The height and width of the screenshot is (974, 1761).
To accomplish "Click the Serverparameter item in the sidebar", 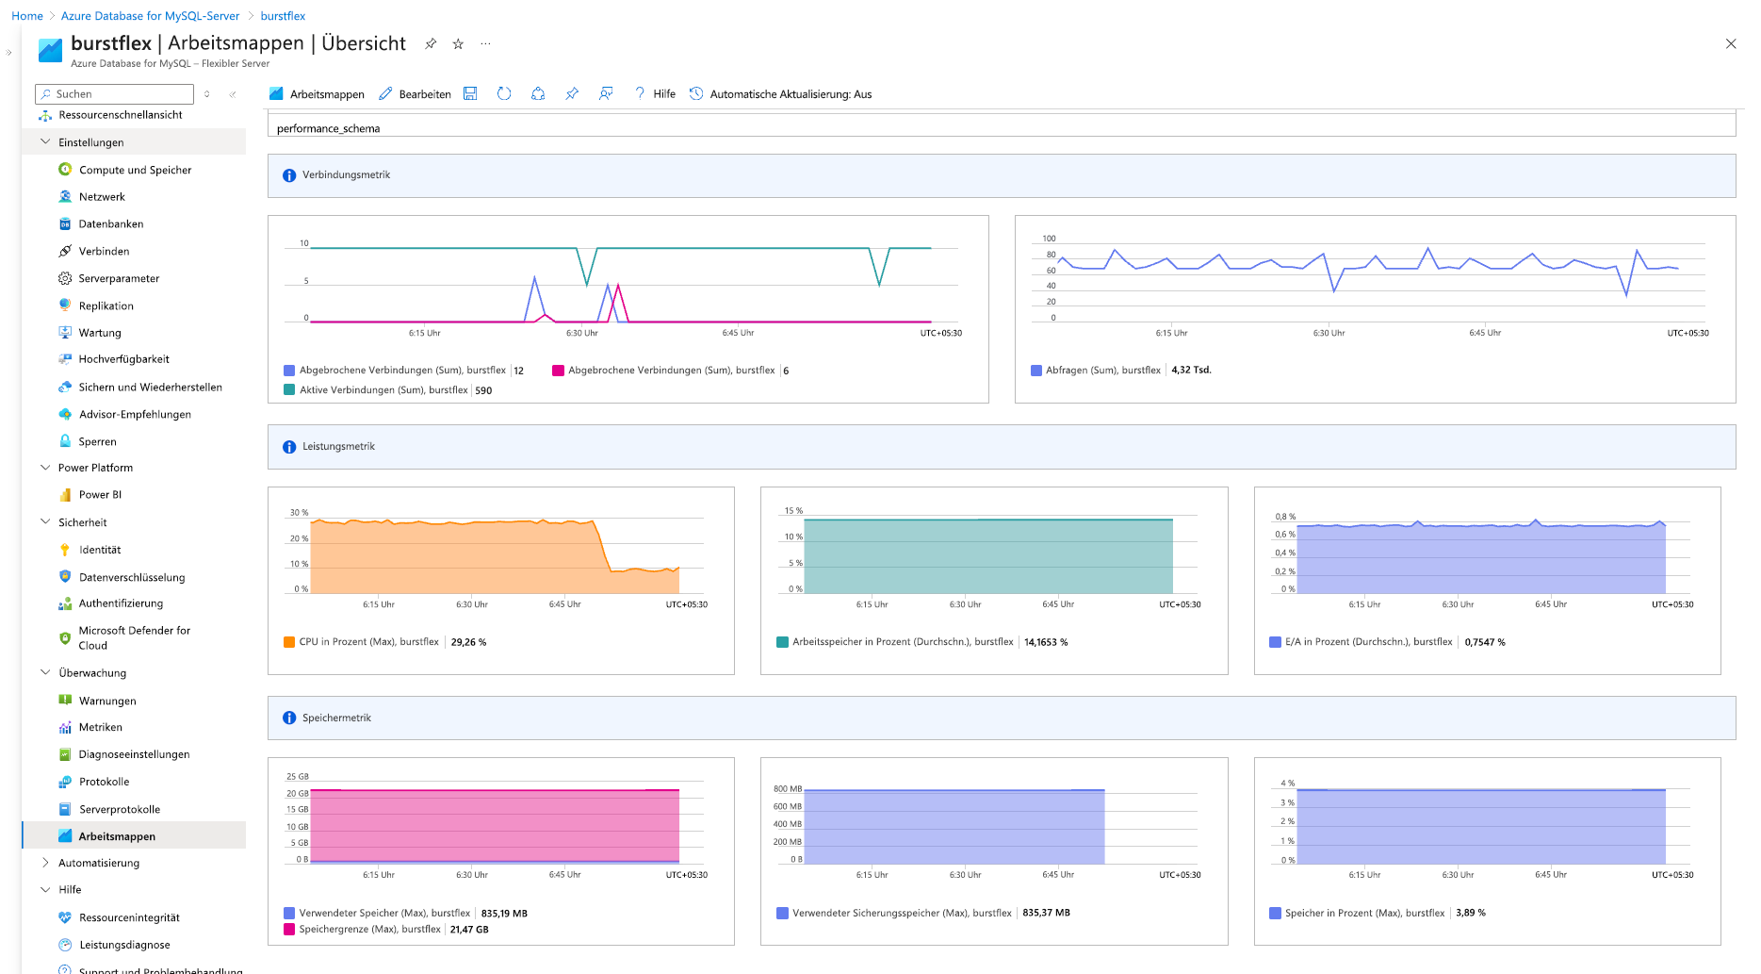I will (x=119, y=278).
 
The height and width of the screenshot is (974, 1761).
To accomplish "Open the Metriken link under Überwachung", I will (x=100, y=727).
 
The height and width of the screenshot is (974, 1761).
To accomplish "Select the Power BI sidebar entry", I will (x=100, y=494).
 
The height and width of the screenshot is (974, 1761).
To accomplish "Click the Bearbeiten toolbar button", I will (x=415, y=94).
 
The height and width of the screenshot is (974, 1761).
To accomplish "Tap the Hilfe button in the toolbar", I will (x=655, y=94).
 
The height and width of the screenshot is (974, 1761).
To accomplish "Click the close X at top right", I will (x=1731, y=43).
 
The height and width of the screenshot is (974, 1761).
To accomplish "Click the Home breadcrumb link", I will (x=27, y=16).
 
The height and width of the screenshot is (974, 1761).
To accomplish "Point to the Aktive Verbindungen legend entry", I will (x=383, y=390).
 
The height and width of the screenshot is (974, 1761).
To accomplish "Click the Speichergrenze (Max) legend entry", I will (x=369, y=930).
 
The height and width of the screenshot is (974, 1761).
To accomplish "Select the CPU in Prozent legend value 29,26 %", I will (x=468, y=642).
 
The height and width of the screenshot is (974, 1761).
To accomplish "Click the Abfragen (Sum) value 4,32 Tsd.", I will (x=1191, y=371).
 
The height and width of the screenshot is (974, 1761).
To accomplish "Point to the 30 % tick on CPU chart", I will (x=299, y=513).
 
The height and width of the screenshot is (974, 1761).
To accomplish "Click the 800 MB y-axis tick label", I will (x=787, y=789).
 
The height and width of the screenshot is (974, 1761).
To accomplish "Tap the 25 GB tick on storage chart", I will (x=297, y=777).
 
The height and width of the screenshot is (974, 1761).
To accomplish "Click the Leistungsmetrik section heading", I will (x=338, y=447).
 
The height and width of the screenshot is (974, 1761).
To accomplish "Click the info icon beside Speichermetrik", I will (x=289, y=718).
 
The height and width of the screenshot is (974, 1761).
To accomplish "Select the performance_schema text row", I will (x=329, y=128).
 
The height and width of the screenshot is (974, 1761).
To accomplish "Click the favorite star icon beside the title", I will (x=458, y=44).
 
